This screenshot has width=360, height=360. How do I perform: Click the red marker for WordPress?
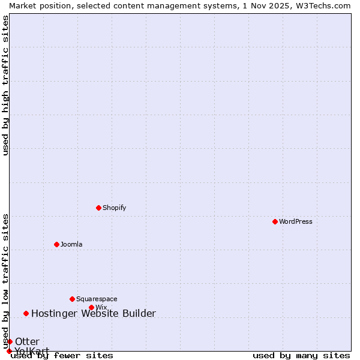275,221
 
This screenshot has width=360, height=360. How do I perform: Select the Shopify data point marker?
98,208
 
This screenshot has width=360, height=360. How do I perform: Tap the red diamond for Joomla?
56,244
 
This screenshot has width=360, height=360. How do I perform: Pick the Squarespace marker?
72,299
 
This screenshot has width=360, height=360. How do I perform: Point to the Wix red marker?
91,307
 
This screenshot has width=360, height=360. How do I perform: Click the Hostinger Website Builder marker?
26,313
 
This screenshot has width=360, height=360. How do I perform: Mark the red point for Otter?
10,341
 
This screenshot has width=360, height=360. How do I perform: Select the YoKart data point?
9,351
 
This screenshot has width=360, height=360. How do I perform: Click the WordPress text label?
296,221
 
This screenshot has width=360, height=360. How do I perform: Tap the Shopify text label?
114,208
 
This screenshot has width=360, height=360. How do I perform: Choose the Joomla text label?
71,244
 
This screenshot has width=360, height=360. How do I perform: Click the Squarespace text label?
97,299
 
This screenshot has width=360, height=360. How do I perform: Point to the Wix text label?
101,307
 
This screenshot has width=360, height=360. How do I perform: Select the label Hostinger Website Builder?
93,313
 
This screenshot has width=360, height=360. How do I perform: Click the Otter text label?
27,341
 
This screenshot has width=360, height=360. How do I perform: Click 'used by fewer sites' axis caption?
62,355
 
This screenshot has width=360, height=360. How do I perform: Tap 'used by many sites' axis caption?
301,355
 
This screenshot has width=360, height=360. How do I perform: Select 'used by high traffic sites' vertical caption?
5,85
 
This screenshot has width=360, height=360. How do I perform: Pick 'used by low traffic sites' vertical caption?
5,281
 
